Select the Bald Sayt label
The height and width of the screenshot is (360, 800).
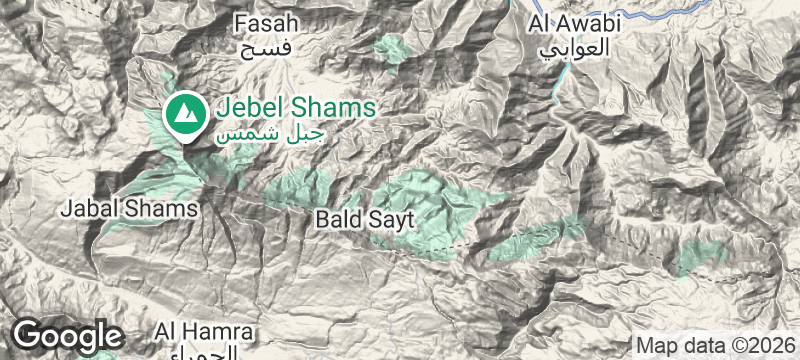coord(364,217)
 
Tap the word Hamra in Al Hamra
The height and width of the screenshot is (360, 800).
coord(221,330)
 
